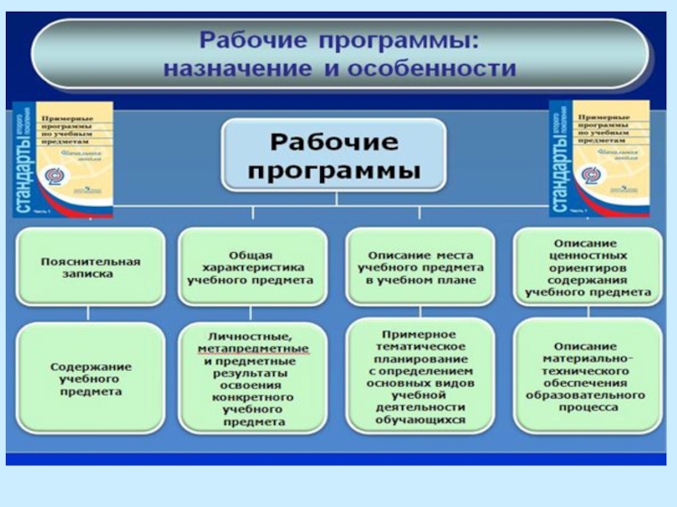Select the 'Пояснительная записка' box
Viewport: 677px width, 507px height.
[x=90, y=267]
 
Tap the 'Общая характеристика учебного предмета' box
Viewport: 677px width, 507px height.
[x=250, y=267]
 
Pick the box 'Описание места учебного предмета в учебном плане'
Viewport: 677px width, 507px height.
[x=421, y=267]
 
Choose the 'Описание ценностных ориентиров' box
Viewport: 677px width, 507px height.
[x=587, y=267]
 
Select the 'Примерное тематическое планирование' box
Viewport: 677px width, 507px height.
[x=421, y=377]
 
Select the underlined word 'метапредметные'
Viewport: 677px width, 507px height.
[x=253, y=348]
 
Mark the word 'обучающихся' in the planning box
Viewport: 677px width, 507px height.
[x=421, y=419]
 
